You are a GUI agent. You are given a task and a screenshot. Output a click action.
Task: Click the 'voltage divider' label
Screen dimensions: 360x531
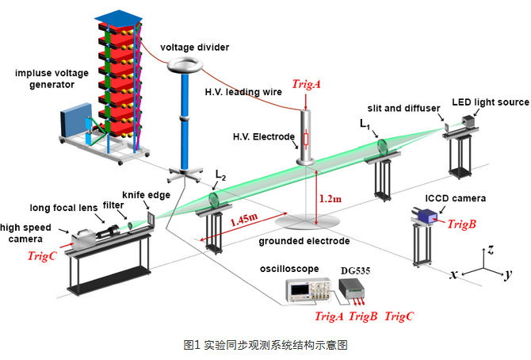coord(195,47)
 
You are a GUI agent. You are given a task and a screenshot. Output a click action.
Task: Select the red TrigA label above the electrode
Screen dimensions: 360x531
coord(307,83)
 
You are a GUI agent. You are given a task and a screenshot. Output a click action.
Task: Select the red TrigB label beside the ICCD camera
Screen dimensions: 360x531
coord(461,224)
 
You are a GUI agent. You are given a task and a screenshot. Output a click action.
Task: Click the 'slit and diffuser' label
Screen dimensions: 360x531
coord(399,107)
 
